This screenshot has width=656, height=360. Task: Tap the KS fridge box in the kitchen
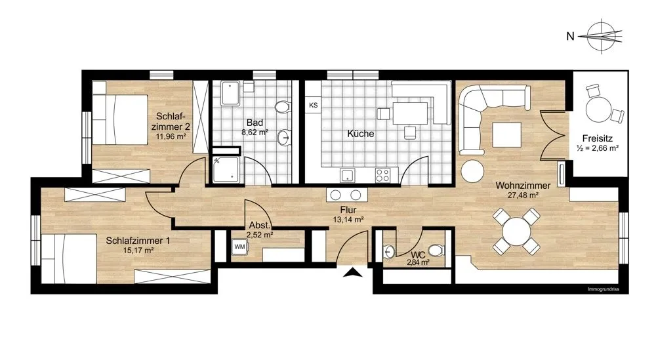313,106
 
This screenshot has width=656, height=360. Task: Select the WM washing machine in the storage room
239,247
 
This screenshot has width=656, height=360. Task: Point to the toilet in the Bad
283,106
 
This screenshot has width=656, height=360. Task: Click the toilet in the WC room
436,250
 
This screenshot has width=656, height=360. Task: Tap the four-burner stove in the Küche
382,175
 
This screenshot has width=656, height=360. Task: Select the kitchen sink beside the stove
347,176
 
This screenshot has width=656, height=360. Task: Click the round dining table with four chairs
517,231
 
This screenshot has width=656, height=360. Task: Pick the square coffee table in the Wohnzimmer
506,134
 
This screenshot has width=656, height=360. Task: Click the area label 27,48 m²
523,195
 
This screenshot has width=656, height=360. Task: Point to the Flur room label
348,210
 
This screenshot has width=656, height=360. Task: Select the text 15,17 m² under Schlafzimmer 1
138,250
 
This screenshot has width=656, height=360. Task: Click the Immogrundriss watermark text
604,289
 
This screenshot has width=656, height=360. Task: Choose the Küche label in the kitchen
361,134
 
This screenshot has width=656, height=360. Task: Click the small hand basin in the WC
389,251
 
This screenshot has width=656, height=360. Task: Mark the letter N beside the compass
570,36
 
